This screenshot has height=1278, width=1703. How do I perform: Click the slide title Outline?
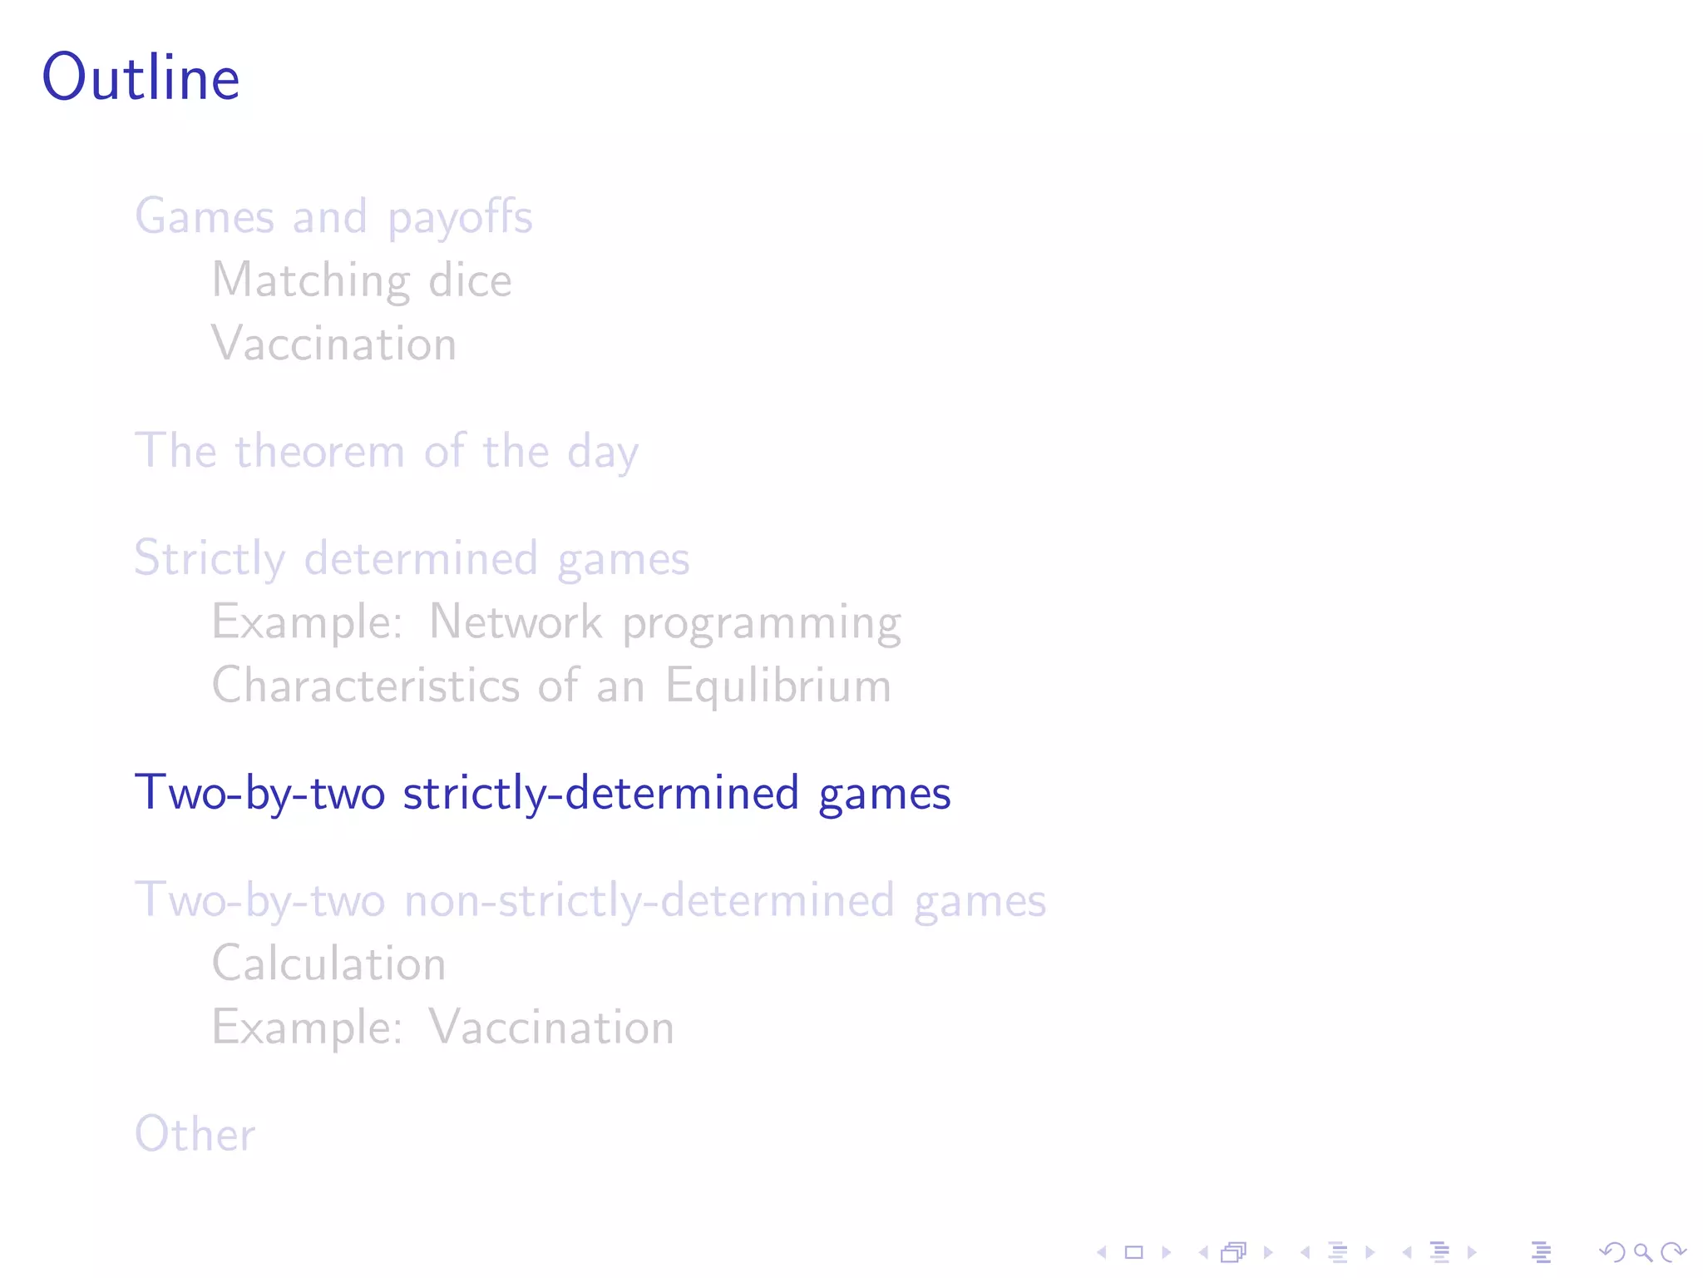coord(141,77)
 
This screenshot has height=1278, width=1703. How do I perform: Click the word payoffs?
coord(460,218)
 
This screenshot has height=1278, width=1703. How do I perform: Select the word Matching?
coord(310,281)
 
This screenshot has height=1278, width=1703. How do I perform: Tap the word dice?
coord(470,280)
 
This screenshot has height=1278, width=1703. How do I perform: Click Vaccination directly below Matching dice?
coord(334,344)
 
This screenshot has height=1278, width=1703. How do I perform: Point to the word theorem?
coord(320,452)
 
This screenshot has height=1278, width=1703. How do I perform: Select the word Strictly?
coord(210,558)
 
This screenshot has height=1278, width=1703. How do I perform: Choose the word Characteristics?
coord(366,686)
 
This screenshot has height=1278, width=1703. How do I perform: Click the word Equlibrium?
coord(778,687)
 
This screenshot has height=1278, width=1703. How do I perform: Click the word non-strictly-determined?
coord(649,901)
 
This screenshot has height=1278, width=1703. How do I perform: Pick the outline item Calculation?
coord(329,964)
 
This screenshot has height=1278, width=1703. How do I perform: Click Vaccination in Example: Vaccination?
coord(551,1028)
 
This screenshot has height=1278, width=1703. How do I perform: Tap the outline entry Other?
coord(195,1134)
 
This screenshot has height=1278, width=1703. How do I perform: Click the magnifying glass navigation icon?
coord(1642,1252)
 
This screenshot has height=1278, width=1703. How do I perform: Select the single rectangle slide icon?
coord(1134,1252)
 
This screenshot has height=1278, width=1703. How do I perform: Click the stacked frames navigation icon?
coord(1234,1252)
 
